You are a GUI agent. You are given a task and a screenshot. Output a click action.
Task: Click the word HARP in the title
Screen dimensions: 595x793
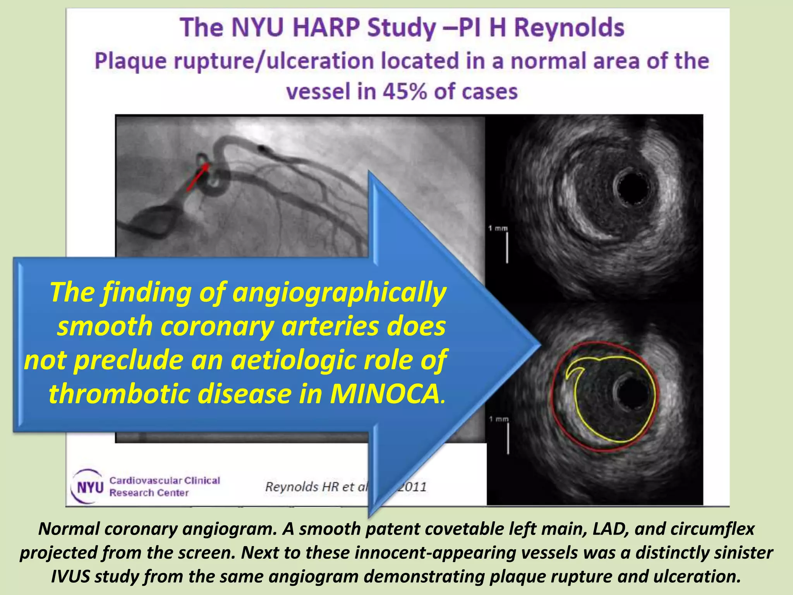[x=326, y=28]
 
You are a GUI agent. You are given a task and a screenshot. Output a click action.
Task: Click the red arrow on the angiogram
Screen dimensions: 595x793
[x=197, y=177]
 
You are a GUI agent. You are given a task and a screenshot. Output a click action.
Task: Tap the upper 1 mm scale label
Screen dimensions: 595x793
[x=498, y=228]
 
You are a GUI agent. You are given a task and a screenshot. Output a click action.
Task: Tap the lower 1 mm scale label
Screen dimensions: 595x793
[x=499, y=419]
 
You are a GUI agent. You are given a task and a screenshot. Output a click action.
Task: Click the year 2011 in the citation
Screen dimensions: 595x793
[x=412, y=487]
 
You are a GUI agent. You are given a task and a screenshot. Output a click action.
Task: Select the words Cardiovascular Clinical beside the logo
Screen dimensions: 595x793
[x=165, y=480]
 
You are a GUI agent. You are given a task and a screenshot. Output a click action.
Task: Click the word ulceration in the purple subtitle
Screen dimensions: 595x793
[x=321, y=61]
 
